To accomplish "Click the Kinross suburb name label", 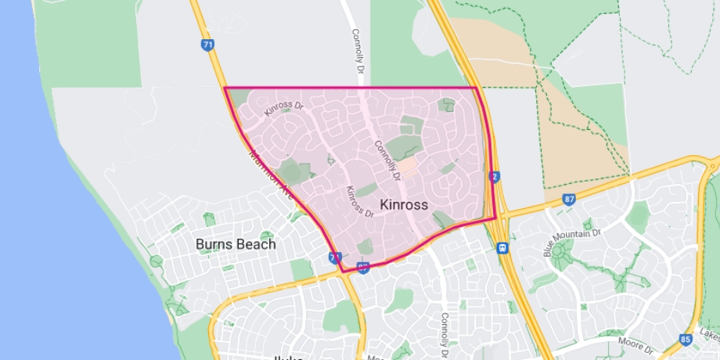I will [x=404, y=205].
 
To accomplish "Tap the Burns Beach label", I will [x=236, y=244].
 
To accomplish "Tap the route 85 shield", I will [x=686, y=340].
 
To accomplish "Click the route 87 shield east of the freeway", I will [x=569, y=200].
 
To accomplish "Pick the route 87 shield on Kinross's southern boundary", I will [x=363, y=268].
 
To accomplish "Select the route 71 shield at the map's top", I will [x=207, y=45].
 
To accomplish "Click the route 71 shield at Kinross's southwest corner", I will [x=335, y=257].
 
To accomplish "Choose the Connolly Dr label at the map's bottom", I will [x=445, y=333].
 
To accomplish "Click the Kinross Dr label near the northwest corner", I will [x=283, y=103].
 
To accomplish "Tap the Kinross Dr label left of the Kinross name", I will [x=358, y=200].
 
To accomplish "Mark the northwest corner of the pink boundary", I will [x=225, y=88].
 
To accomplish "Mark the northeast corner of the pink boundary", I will [x=477, y=88].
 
